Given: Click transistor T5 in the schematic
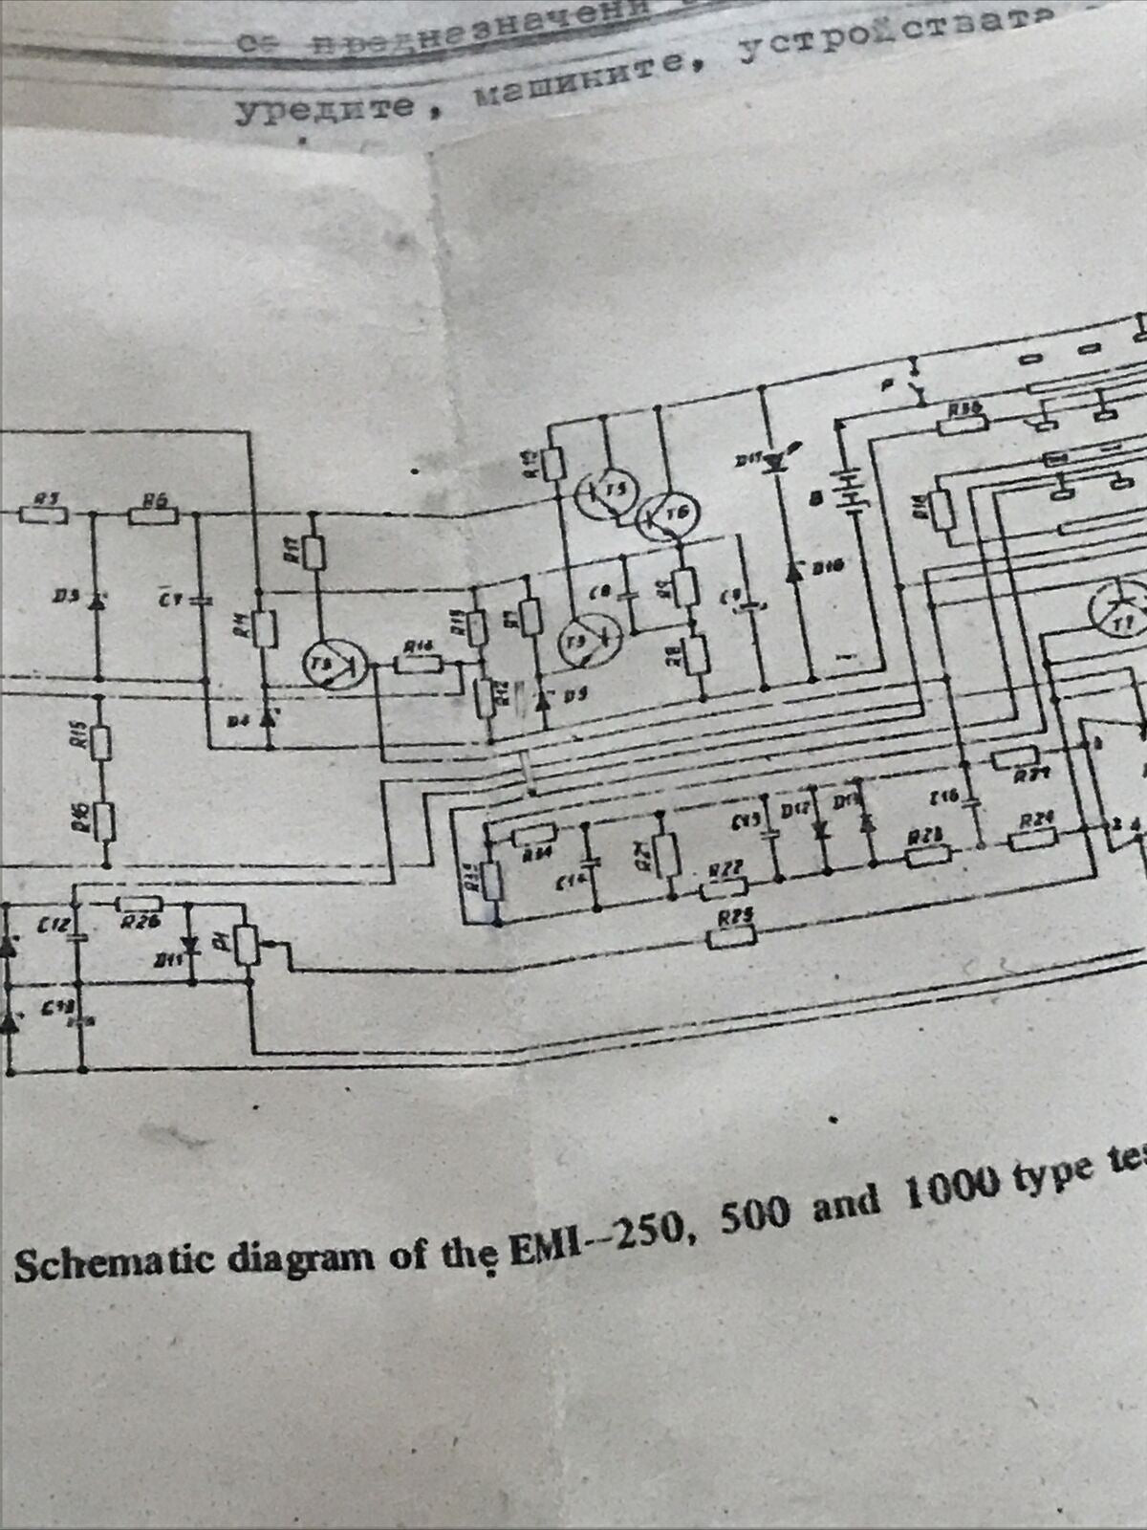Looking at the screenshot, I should tap(599, 493).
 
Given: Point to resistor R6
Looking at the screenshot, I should tap(153, 516).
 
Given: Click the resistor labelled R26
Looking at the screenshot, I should tap(140, 905).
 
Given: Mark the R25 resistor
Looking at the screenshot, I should tap(732, 938).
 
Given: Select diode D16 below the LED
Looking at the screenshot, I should tap(792, 570).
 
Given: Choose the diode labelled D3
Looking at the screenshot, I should tap(95, 602).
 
